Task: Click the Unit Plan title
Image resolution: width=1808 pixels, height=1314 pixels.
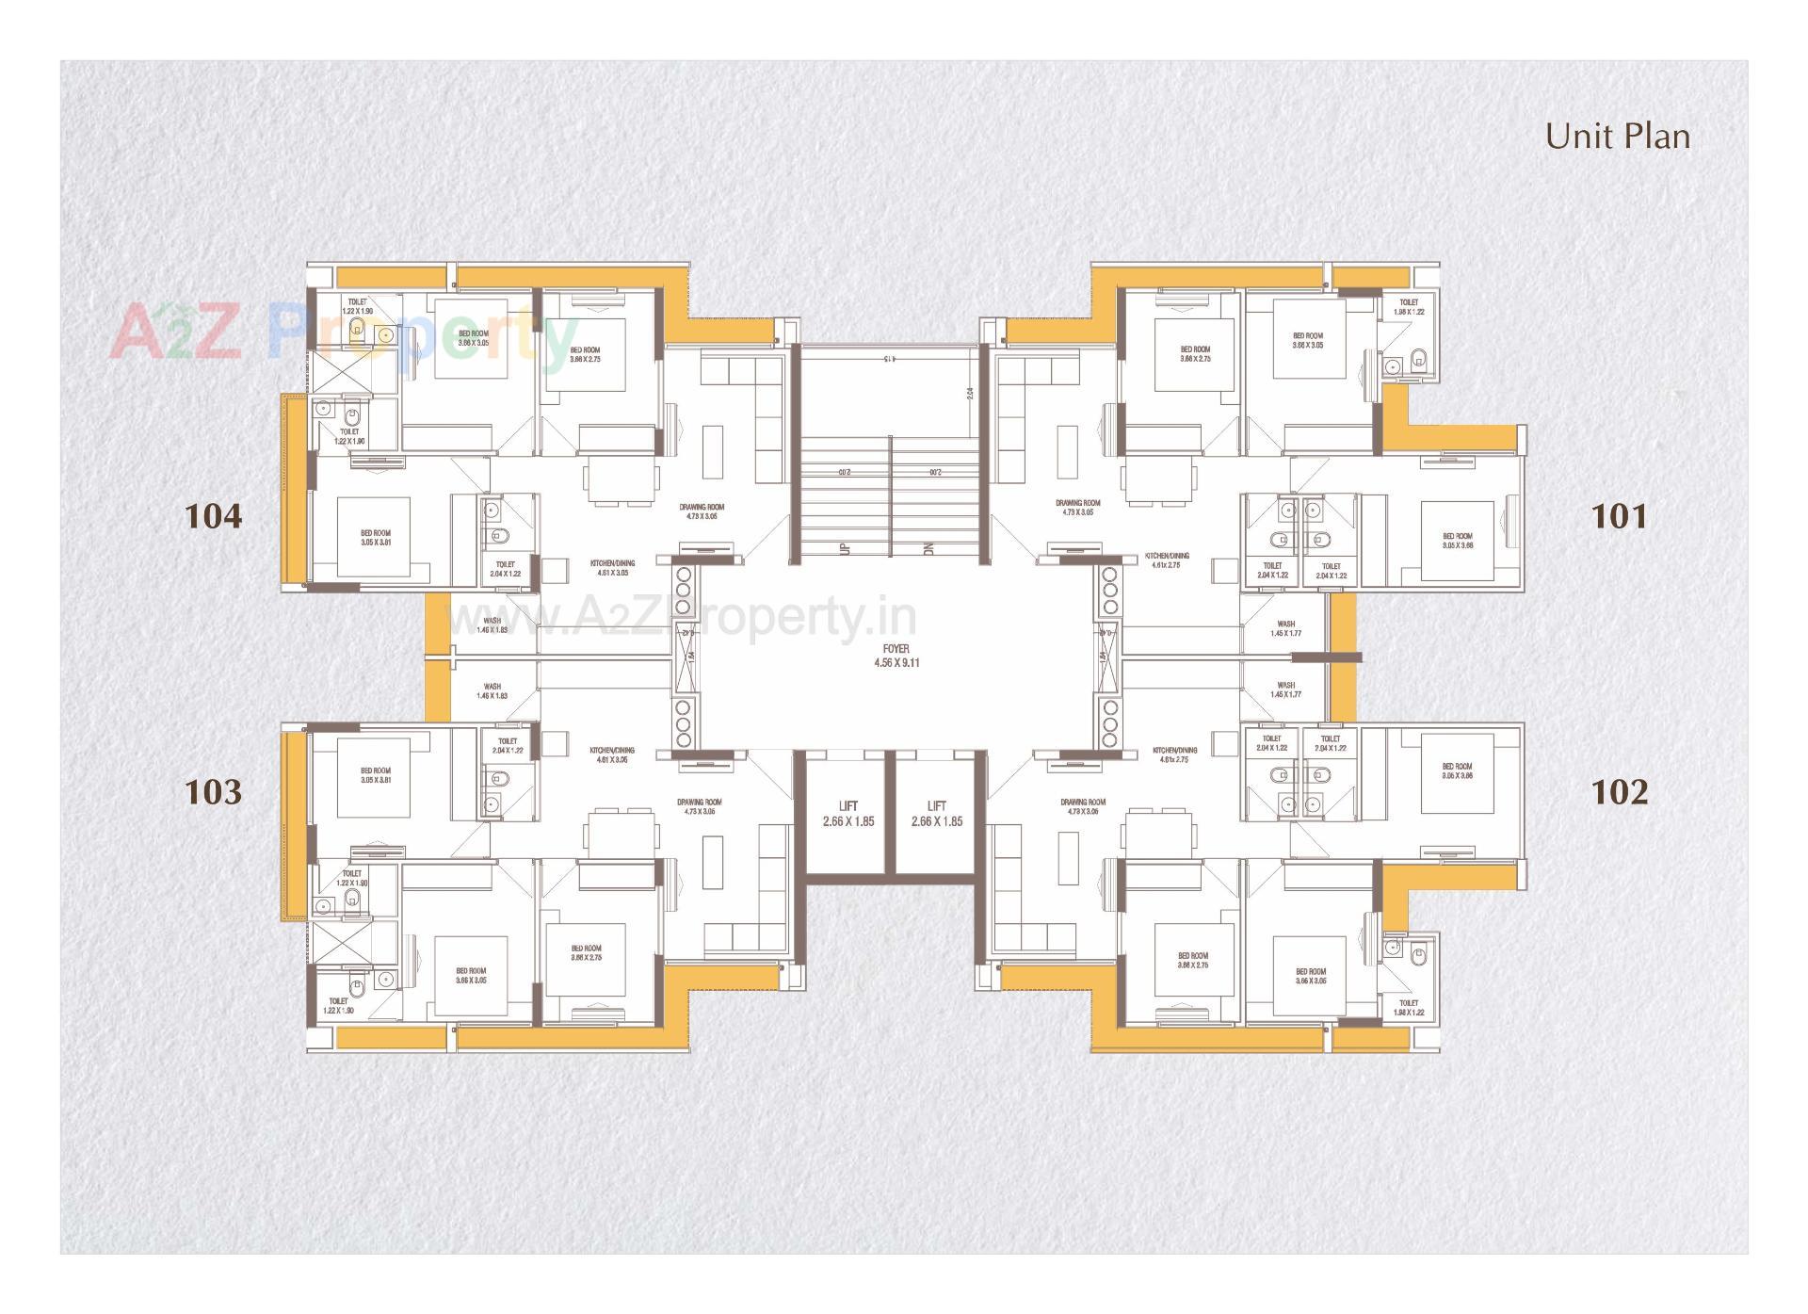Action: point(1617,137)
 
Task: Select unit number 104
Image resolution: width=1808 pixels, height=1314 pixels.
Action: point(214,516)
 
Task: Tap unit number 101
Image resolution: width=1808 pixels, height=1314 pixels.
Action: point(1619,516)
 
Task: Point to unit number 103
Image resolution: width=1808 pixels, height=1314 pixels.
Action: point(214,791)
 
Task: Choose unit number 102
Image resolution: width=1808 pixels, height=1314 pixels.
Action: point(1619,791)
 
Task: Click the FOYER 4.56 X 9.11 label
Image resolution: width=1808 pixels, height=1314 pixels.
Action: point(896,656)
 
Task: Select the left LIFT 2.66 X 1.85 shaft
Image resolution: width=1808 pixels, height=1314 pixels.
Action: point(847,814)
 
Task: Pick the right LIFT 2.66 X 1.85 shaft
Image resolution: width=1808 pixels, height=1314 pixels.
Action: point(936,814)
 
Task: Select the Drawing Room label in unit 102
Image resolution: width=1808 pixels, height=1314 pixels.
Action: point(1082,806)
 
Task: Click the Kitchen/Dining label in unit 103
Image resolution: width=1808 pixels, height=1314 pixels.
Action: point(612,754)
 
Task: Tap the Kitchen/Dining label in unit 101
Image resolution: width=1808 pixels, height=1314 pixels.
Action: point(1168,560)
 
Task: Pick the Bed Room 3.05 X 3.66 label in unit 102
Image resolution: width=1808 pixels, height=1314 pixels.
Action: point(1457,771)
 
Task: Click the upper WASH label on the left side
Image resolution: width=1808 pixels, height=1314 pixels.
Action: point(492,625)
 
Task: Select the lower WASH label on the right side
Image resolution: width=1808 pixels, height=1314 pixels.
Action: point(1285,689)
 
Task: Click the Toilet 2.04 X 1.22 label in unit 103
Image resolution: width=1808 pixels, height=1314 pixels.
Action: point(507,746)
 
